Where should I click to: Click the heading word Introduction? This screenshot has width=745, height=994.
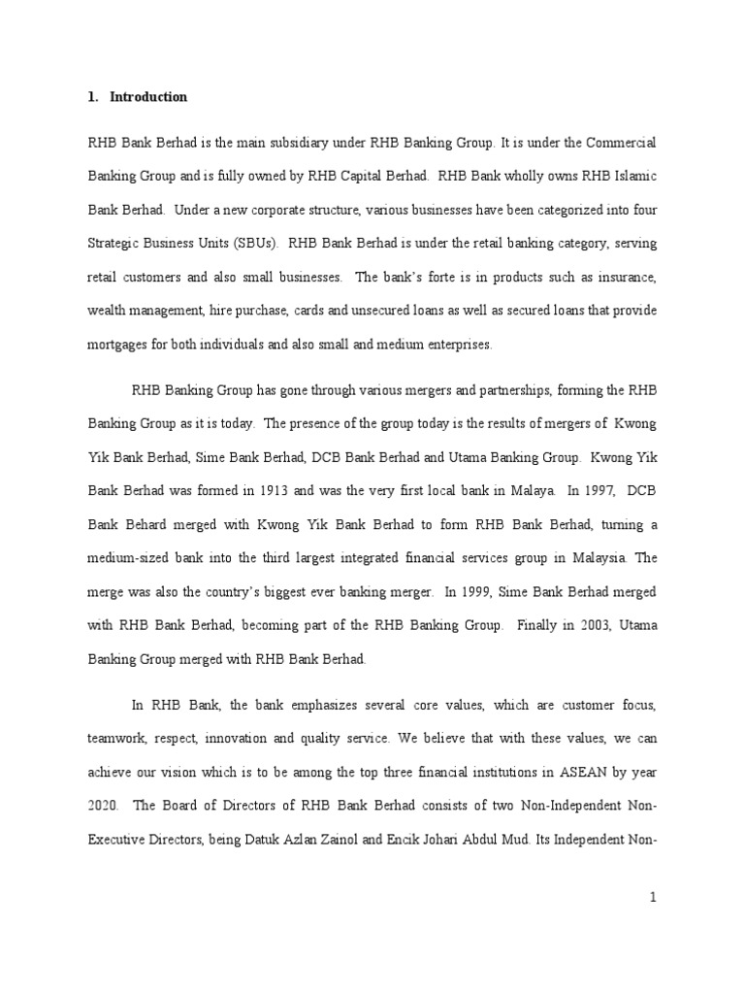pos(148,97)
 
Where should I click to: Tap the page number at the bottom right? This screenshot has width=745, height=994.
pos(654,898)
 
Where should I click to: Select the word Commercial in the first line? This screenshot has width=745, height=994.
pos(621,143)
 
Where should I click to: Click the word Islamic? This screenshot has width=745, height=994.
pos(632,177)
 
